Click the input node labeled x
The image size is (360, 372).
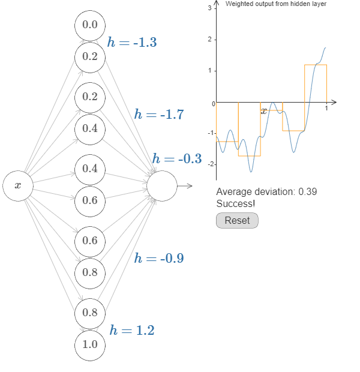click(x=17, y=186)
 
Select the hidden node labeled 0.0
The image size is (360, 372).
click(x=90, y=25)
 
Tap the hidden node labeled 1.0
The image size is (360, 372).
click(x=90, y=345)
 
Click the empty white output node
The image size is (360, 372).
click(x=162, y=186)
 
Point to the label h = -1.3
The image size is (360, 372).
click(x=132, y=42)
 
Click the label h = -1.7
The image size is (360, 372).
click(x=159, y=114)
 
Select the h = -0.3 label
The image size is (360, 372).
click(x=177, y=159)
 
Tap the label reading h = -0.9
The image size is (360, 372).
click(x=159, y=259)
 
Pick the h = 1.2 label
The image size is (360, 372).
click(x=132, y=330)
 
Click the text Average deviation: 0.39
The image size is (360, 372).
click(x=266, y=192)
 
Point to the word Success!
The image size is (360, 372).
click(x=235, y=204)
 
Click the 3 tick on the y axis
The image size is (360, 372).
click(x=209, y=8)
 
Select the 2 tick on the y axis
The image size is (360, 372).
click(x=209, y=40)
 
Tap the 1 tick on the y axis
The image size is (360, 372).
click(x=209, y=71)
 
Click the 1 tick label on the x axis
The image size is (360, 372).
click(x=326, y=109)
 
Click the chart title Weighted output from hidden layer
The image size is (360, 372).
click(x=276, y=4)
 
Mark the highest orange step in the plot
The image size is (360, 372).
click(x=316, y=65)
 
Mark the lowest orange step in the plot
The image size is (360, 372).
click(x=249, y=156)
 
